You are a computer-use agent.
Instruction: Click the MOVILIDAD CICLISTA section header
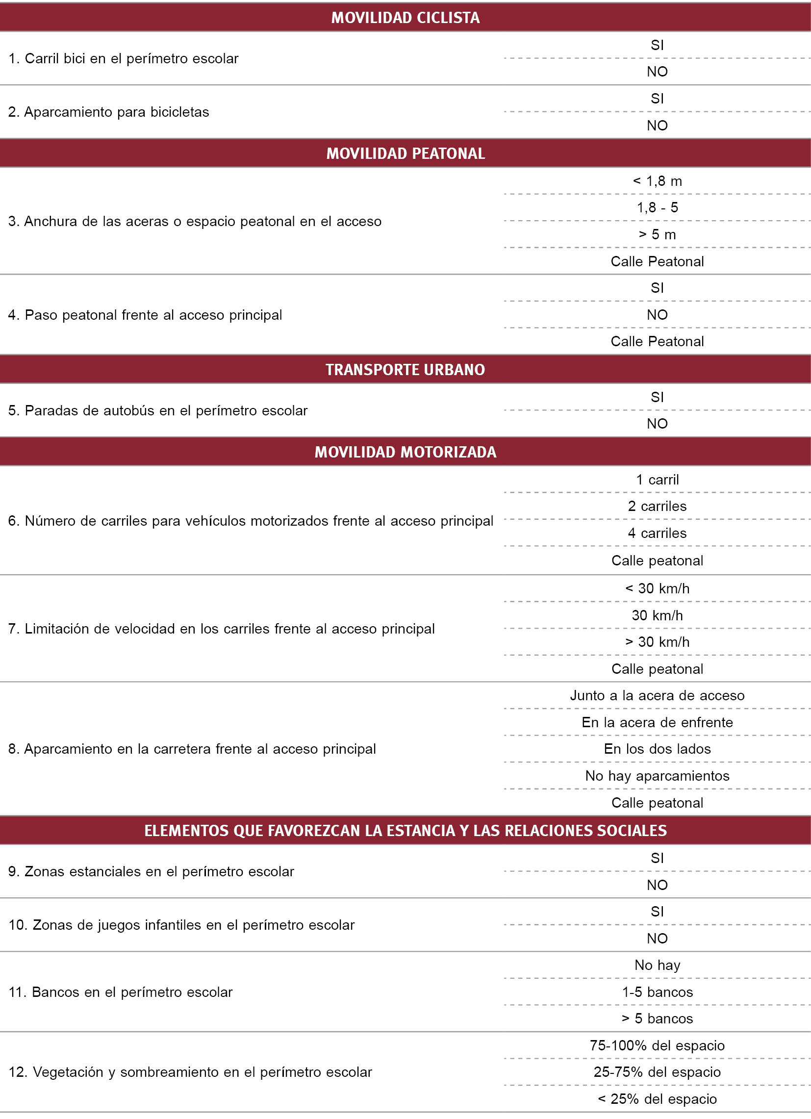[405, 18]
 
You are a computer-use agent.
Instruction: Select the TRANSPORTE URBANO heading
[405, 370]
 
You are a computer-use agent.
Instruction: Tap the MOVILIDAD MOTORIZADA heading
[405, 452]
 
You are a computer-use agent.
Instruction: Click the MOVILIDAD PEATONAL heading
[405, 153]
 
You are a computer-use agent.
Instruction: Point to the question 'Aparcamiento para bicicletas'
[109, 112]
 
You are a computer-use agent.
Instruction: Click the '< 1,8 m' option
[657, 181]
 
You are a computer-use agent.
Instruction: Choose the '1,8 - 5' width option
[657, 208]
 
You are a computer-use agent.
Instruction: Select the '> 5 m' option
[657, 234]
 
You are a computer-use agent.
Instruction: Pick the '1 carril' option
[657, 480]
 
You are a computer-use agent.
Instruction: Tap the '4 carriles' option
[657, 534]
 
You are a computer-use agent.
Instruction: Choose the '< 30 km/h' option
[657, 588]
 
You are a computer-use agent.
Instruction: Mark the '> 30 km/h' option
[657, 642]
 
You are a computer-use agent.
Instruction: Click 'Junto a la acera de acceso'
[657, 696]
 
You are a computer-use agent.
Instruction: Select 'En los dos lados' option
[657, 749]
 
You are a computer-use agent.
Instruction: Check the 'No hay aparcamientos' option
[657, 776]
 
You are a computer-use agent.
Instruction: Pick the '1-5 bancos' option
[657, 992]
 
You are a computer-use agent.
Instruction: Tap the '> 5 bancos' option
[657, 1019]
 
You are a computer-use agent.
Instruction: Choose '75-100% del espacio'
[657, 1045]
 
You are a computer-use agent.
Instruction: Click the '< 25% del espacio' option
[657, 1099]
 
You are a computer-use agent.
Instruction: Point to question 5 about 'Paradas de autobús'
[158, 410]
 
